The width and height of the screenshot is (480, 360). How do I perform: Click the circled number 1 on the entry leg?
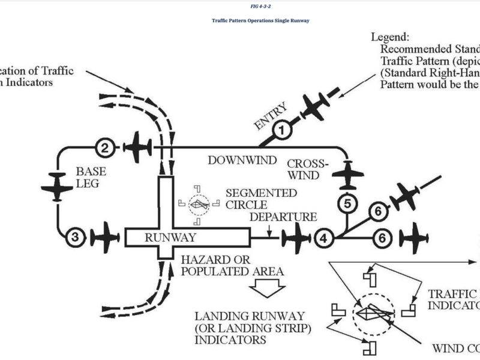283,128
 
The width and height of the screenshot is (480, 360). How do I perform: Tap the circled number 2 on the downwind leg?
105,147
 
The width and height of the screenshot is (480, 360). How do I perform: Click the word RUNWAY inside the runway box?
170,238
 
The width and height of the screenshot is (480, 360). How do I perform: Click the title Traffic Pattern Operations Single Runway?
260,20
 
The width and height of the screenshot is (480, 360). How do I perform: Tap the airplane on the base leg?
57,185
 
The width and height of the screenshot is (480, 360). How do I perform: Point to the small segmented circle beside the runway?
199,205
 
